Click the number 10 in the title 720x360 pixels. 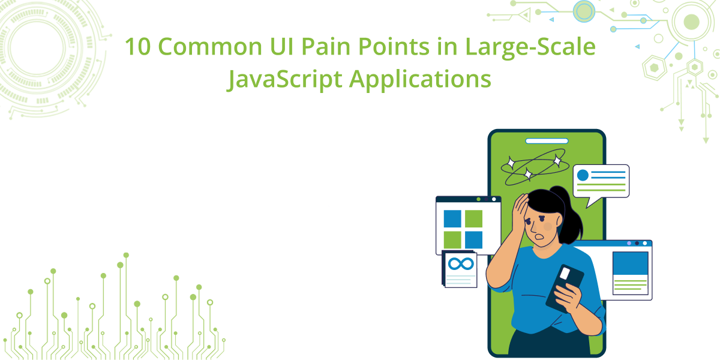pos(137,47)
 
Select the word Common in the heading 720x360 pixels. pos(210,47)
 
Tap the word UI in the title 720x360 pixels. pos(281,47)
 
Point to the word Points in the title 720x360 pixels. pos(394,47)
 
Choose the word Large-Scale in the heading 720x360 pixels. pos(530,47)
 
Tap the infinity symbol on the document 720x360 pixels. pos(461,264)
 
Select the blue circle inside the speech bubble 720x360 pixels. pos(583,175)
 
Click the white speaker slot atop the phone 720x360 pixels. pos(547,141)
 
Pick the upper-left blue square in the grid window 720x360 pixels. pos(452,218)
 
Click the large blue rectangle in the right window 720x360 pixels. pos(630,263)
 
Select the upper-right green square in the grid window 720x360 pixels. pos(473,218)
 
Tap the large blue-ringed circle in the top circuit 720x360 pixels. pos(584,11)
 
